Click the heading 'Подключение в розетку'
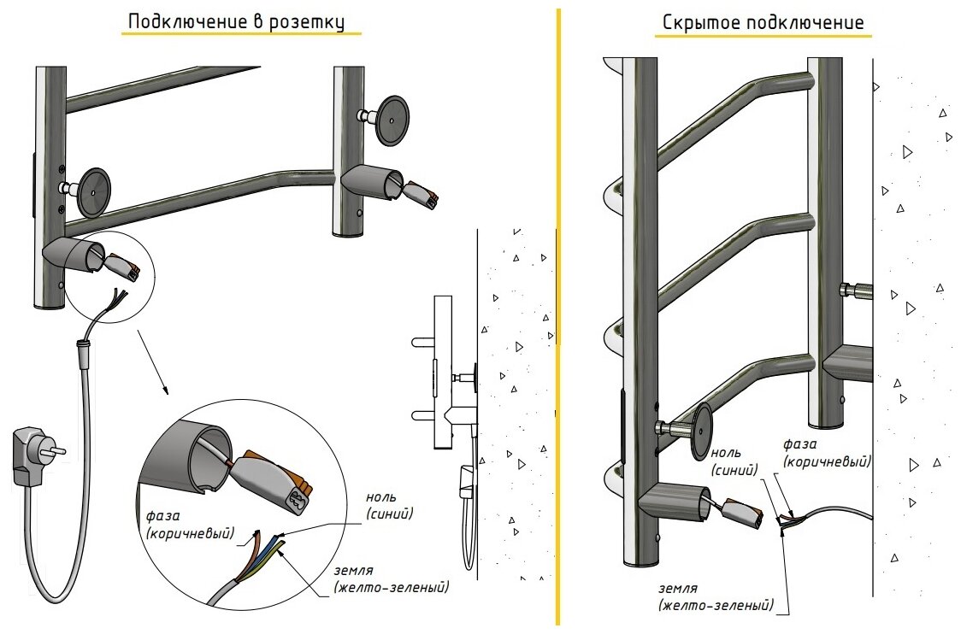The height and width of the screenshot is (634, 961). pos(235,21)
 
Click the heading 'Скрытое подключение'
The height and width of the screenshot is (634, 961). pos(763,22)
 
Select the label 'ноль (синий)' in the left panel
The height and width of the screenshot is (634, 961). pos(390,505)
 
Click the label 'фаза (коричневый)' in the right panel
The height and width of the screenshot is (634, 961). pos(828,453)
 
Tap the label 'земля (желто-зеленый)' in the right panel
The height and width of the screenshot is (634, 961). pos(716,597)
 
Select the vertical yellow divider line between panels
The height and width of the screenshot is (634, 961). pos(558,316)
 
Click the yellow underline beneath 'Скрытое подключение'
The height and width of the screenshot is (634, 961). pos(763,37)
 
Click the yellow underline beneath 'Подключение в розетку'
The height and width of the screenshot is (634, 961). pos(240,34)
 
